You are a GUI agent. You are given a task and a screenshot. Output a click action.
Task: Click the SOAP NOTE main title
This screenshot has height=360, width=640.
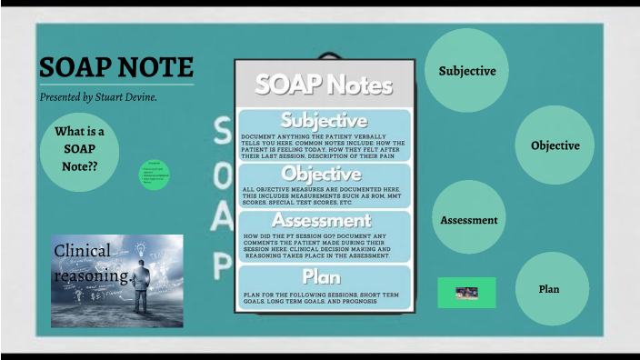point(115,67)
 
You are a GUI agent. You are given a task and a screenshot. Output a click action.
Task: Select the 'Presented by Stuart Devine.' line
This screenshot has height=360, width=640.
point(98,96)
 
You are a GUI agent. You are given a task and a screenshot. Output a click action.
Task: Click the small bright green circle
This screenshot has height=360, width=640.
point(155,175)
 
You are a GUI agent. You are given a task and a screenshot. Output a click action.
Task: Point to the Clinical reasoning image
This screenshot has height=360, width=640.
point(117,281)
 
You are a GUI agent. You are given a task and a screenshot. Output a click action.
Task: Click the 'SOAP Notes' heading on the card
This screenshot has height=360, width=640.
point(324,85)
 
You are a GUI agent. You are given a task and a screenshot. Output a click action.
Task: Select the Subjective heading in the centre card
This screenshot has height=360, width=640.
point(324,120)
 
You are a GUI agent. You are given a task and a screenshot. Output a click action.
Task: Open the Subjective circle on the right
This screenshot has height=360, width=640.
point(467,71)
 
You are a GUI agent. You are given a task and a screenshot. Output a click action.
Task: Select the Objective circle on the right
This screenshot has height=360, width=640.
point(555,145)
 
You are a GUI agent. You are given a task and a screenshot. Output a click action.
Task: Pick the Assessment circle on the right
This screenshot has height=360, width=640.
point(468,219)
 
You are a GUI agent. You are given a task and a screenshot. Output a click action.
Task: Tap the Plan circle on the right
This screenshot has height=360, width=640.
point(549,289)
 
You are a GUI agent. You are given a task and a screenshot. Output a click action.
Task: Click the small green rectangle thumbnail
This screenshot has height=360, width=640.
point(466,293)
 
